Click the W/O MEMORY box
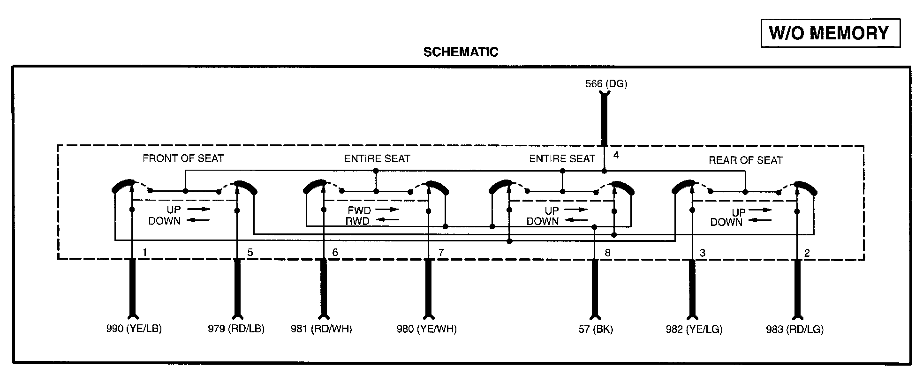click(x=830, y=33)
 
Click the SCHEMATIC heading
click(x=461, y=52)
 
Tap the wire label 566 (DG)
click(x=606, y=84)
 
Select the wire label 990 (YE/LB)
click(x=134, y=329)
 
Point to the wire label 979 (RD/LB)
click(x=236, y=329)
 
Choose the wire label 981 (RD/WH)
click(x=321, y=329)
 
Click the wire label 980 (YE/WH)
click(x=427, y=329)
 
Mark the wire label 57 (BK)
click(x=596, y=329)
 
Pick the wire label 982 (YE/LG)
click(x=694, y=329)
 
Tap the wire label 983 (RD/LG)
click(x=795, y=329)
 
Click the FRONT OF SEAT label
click(x=183, y=158)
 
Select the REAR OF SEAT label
click(x=745, y=161)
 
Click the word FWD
click(x=359, y=210)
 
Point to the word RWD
click(x=357, y=221)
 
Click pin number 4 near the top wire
click(x=616, y=155)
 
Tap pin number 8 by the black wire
click(x=607, y=253)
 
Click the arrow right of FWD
click(x=387, y=210)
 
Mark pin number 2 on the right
click(x=807, y=253)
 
